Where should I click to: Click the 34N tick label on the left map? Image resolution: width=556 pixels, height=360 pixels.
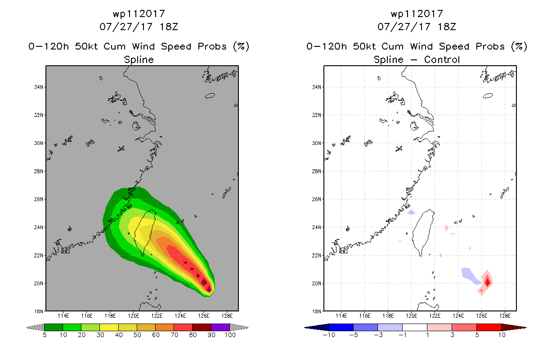pos(39,87)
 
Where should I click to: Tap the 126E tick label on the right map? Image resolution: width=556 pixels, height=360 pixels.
pos(481,316)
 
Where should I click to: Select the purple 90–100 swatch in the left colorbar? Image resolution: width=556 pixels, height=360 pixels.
pos(220,327)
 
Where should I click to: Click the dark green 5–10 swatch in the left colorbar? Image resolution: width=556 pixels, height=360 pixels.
pos(54,327)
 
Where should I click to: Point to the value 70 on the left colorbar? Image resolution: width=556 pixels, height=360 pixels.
pos(174,335)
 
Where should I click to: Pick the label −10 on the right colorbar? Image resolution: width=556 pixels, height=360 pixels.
pos(329,335)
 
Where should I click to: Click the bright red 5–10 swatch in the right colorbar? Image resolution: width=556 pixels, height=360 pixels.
pos(489,327)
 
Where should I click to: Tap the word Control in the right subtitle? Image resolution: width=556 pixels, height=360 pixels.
pos(442,59)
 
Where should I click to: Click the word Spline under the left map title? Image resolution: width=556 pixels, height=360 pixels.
pos(139,60)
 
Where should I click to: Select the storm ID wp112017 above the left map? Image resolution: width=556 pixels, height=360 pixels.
pos(139,14)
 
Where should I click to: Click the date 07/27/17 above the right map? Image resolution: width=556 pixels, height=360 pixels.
pos(404,27)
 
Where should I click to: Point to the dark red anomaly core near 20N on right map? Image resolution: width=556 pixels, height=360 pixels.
pos(488,282)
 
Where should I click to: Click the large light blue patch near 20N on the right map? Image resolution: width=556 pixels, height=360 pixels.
pos(470,275)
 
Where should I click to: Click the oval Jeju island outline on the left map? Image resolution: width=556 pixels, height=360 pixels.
pos(210,95)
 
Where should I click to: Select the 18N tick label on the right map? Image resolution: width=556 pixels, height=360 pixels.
pos(317,311)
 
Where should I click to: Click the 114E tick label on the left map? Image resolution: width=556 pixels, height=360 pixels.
pos(63,316)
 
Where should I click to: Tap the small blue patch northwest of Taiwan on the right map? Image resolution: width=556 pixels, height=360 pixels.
pos(411,212)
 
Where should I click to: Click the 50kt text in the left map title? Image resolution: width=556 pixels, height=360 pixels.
pos(86,46)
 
